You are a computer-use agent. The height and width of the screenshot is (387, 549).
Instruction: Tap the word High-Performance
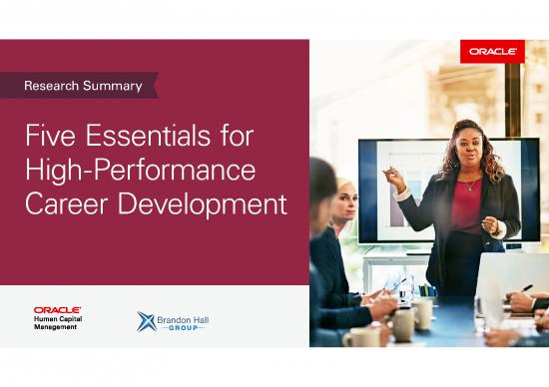(141, 171)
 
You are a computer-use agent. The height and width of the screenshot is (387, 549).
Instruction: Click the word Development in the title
(206, 204)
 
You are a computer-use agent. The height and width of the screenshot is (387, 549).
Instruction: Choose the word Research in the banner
(58, 86)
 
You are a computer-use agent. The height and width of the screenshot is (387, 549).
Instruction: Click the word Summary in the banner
(118, 86)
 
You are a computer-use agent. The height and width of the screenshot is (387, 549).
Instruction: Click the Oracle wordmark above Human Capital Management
(57, 310)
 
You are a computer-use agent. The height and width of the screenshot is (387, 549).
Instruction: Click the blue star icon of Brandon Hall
(147, 320)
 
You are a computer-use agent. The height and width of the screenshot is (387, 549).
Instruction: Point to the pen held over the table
(525, 288)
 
